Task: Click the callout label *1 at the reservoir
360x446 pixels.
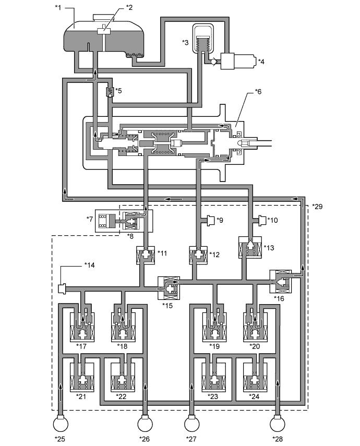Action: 58,7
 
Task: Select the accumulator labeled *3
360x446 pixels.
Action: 203,39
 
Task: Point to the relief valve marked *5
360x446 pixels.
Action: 109,92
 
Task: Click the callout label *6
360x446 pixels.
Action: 258,92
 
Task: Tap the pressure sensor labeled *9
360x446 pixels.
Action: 210,221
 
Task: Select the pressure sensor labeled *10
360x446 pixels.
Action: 262,221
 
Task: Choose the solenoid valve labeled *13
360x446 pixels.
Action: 250,247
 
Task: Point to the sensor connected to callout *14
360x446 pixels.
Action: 62,288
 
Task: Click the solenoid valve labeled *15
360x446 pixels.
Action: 169,288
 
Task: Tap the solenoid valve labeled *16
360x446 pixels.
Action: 281,282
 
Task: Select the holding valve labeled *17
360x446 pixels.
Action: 82,327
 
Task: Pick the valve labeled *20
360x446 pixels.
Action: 255,327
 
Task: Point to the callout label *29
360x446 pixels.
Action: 317,206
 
